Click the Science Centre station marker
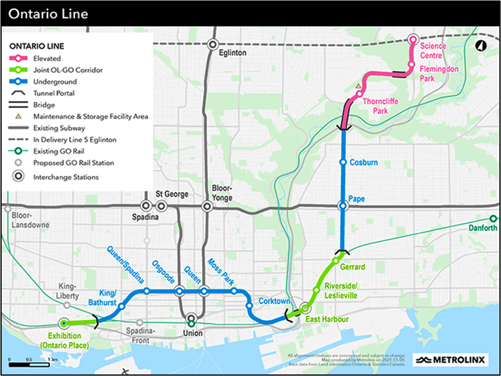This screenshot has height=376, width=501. pyautogui.click(x=413, y=40)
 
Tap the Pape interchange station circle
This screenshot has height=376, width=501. pyautogui.click(x=343, y=206)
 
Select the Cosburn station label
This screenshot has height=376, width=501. pyautogui.click(x=363, y=163)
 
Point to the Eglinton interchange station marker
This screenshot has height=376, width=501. pyautogui.click(x=212, y=44)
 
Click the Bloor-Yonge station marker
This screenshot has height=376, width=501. pyautogui.click(x=207, y=206)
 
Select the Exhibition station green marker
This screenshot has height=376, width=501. pyautogui.click(x=64, y=323)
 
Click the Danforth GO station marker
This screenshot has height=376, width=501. pyautogui.click(x=493, y=219)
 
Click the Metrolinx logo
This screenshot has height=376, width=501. pyautogui.click(x=450, y=360)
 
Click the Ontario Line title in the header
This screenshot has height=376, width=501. pyautogui.click(x=48, y=13)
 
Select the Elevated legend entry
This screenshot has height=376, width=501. pyautogui.click(x=47, y=58)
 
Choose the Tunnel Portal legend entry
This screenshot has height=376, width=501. pyautogui.click(x=53, y=94)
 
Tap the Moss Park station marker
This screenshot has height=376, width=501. pyautogui.click(x=234, y=291)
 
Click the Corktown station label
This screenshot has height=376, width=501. pyautogui.click(x=274, y=301)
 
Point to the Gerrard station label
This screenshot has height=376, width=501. pyautogui.click(x=352, y=267)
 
